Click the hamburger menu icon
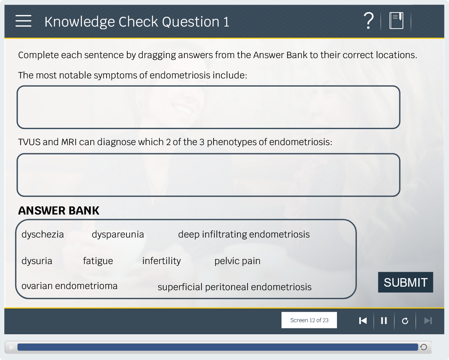[x=23, y=21]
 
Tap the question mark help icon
[x=369, y=21]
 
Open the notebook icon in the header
[x=396, y=21]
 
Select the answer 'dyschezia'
[x=43, y=234]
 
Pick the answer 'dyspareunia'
[x=118, y=234]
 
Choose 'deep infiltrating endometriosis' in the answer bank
[x=244, y=234]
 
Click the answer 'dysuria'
[x=37, y=261]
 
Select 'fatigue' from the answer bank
[x=98, y=261]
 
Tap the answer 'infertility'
[x=162, y=261]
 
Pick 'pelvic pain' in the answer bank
[x=237, y=261]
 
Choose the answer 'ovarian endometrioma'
[x=69, y=286]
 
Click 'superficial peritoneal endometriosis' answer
[x=235, y=287]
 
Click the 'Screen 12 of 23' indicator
[x=309, y=320]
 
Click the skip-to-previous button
[x=363, y=321]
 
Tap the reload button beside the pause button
[x=405, y=321]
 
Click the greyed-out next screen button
[x=428, y=321]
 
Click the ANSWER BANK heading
[x=59, y=211]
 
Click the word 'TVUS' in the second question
[x=29, y=142]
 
